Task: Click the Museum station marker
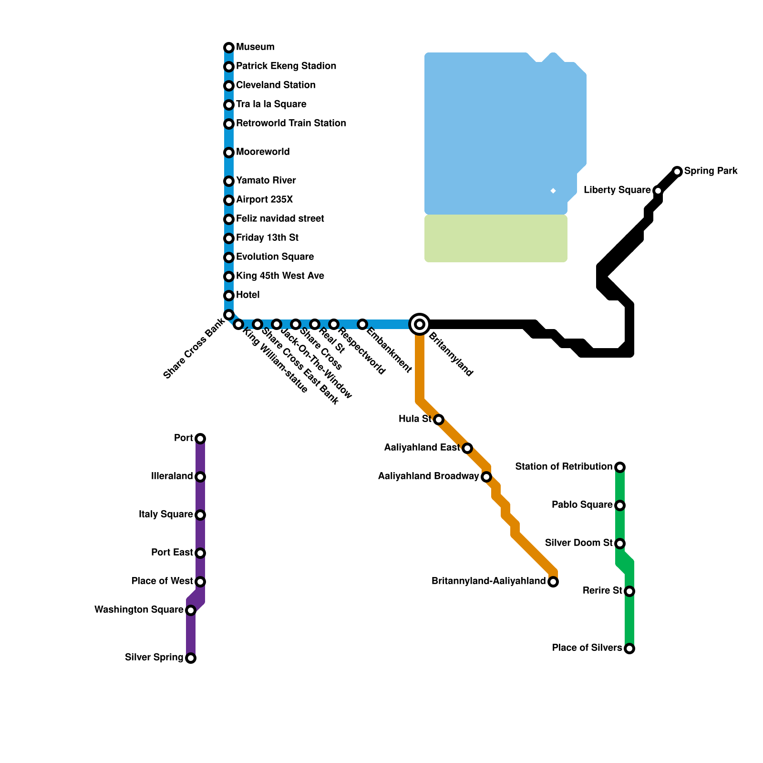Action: point(229,48)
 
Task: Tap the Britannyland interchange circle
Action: point(420,324)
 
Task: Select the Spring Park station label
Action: point(711,171)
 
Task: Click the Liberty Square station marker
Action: point(658,191)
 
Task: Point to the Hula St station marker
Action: point(439,420)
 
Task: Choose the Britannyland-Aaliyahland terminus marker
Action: point(553,582)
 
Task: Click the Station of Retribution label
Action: point(564,466)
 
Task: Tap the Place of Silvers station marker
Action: point(629,649)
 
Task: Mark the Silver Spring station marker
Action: point(191,658)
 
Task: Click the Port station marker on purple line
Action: point(200,439)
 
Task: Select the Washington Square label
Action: point(139,609)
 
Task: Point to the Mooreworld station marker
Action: point(229,153)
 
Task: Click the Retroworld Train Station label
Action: point(291,123)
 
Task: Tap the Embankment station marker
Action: point(362,324)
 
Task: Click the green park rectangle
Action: point(496,238)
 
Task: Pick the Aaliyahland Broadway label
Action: point(428,476)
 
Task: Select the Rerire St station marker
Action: point(629,591)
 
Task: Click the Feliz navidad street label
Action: point(280,218)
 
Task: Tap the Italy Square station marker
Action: point(200,515)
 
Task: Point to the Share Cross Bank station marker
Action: point(229,315)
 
